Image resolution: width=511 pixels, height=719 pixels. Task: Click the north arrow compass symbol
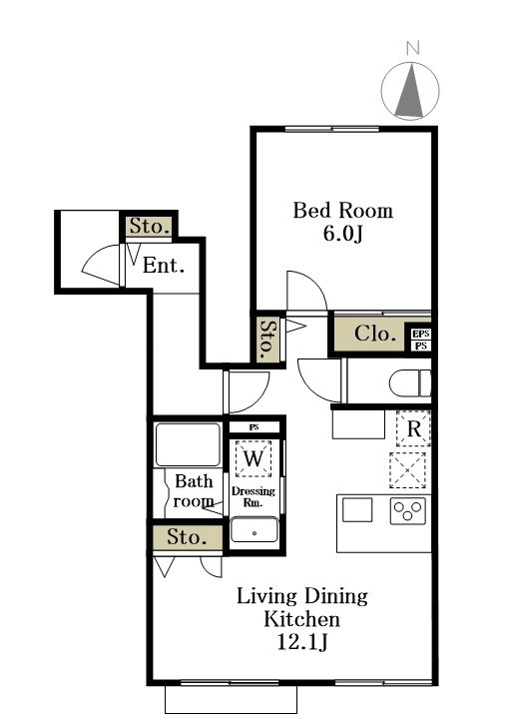(x=410, y=91)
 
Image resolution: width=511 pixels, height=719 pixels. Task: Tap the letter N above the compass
(x=413, y=48)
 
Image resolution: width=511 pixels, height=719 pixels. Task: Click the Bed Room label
(x=342, y=211)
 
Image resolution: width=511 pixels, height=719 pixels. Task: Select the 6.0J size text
(x=342, y=234)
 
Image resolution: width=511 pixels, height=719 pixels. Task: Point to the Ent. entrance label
(x=164, y=265)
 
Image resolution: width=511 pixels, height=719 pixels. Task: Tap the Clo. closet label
(x=375, y=334)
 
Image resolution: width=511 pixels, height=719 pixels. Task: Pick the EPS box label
(x=421, y=334)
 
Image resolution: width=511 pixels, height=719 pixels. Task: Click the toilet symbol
(x=410, y=382)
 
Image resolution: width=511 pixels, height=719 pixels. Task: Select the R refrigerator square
(x=413, y=428)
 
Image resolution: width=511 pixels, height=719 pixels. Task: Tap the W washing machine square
(x=254, y=458)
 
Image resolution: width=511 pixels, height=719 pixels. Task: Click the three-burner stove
(x=408, y=511)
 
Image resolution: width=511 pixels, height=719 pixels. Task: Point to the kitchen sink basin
(x=357, y=510)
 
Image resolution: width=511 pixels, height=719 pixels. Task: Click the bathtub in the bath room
(x=188, y=444)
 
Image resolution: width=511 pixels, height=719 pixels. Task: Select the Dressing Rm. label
(x=254, y=496)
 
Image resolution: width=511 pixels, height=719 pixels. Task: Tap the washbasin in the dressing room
(x=255, y=530)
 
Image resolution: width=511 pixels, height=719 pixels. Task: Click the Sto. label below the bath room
(x=187, y=537)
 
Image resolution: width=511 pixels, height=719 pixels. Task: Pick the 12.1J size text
(x=302, y=642)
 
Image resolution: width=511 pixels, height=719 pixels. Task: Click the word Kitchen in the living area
(x=302, y=619)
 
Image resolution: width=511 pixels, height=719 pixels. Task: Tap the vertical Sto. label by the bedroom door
(x=268, y=339)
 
